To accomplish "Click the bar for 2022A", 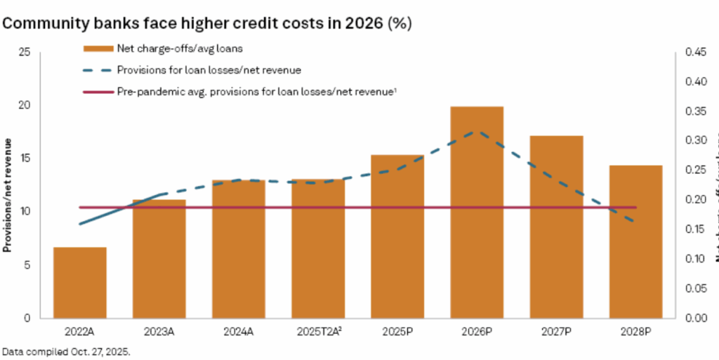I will click(80, 283).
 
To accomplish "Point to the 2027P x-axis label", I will click(557, 330).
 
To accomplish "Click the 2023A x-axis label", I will click(159, 330).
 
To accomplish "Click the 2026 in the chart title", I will click(359, 23).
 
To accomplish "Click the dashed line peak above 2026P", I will click(477, 132).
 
